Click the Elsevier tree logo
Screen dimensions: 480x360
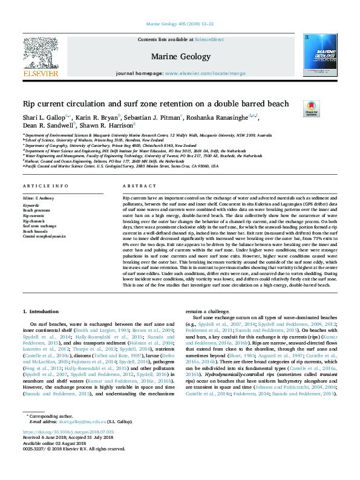(x=40, y=52)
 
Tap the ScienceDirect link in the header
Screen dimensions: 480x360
(x=209, y=39)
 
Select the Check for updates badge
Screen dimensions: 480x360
(x=311, y=108)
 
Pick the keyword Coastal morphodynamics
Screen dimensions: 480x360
(x=44, y=236)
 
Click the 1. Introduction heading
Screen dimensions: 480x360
(x=41, y=311)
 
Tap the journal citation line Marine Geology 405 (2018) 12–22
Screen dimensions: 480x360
(x=180, y=24)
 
